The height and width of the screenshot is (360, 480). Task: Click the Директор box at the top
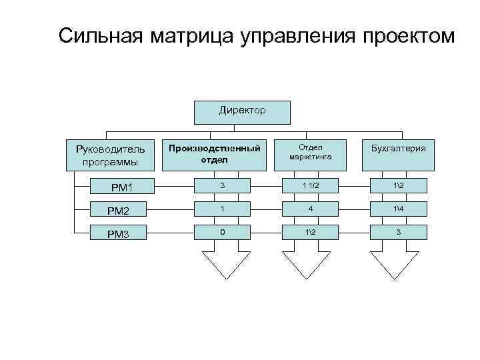click(x=242, y=113)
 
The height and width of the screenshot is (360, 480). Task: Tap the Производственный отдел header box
click(x=213, y=154)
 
